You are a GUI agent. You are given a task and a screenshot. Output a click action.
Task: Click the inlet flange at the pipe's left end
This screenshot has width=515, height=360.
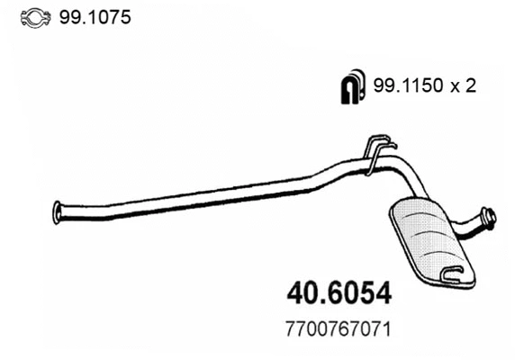(58, 210)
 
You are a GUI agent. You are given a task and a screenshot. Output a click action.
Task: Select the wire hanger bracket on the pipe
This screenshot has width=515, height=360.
(378, 153)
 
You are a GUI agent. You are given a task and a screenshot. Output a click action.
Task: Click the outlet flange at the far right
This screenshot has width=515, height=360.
(489, 217)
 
